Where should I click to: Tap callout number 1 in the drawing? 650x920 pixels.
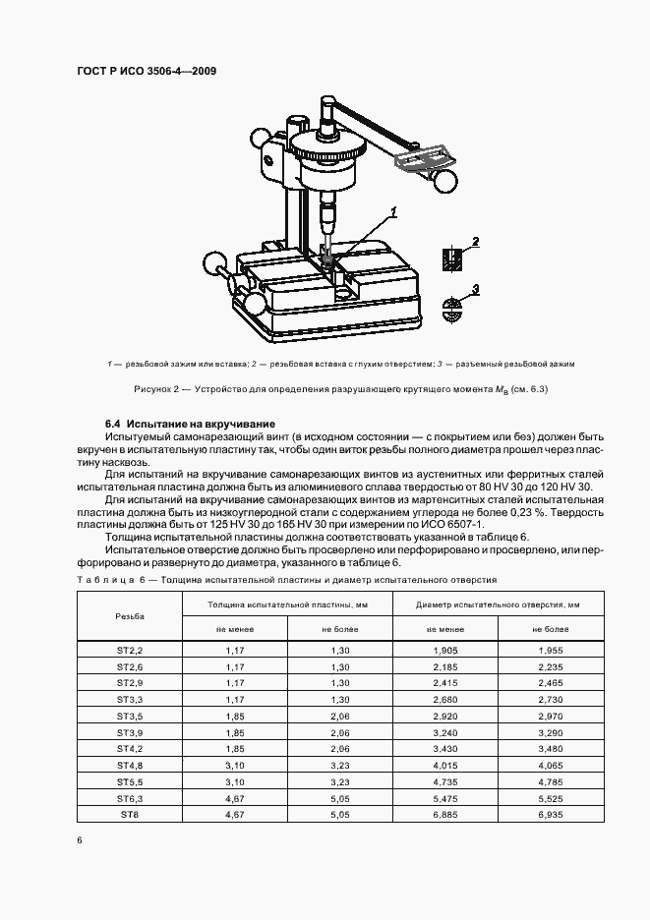[392, 211]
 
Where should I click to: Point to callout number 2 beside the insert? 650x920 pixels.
[476, 242]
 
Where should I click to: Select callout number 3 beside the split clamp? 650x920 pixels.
[476, 289]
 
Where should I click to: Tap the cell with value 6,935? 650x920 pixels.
[551, 815]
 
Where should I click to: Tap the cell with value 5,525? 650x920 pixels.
[551, 799]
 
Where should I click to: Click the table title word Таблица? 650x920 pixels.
[105, 581]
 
